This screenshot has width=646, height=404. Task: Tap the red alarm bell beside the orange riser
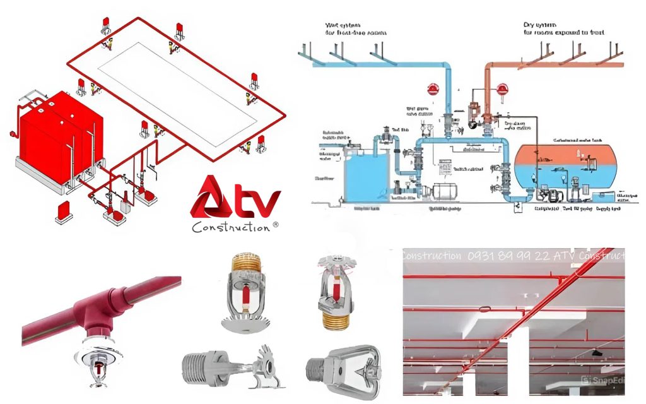point(503,90)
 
